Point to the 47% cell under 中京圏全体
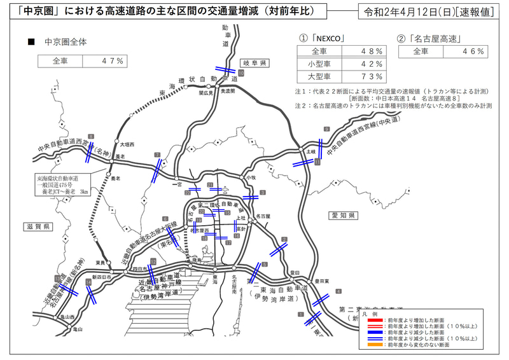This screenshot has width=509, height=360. pyautogui.click(x=114, y=61)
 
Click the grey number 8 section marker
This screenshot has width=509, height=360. pyautogui.click(x=92, y=137)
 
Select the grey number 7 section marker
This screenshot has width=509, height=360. pyautogui.click(x=157, y=155)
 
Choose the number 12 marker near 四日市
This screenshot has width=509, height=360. pyautogui.click(x=153, y=261)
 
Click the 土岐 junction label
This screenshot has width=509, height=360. pyautogui.click(x=310, y=152)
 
